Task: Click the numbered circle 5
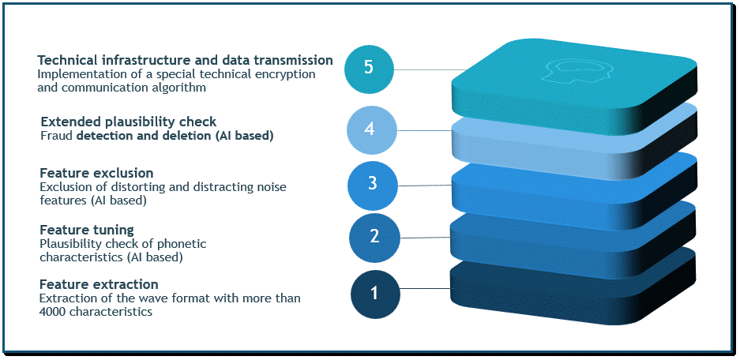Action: (x=369, y=67)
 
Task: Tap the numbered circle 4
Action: (x=370, y=129)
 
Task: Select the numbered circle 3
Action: (x=372, y=185)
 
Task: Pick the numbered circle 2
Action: (x=374, y=236)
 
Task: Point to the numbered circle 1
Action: (x=375, y=294)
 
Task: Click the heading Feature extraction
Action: (x=99, y=285)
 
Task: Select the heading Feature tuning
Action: (x=87, y=231)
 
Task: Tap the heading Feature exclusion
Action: (x=96, y=173)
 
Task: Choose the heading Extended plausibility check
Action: (x=129, y=122)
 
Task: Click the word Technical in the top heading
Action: (x=67, y=60)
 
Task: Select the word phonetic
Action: (x=185, y=245)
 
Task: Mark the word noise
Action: (x=272, y=187)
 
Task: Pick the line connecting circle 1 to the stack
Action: (x=426, y=288)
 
